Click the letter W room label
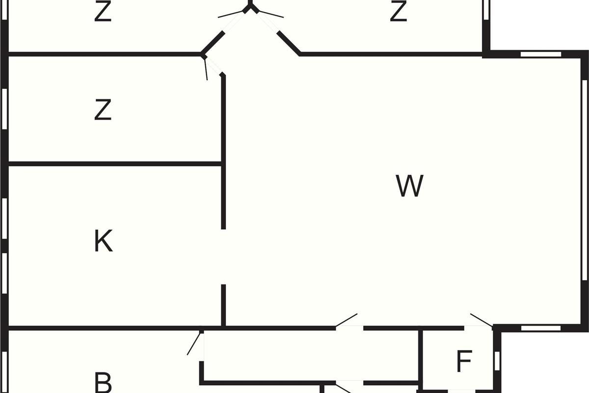(409, 186)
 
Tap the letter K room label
(103, 241)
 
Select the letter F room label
(464, 362)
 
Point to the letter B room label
(103, 382)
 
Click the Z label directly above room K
(103, 110)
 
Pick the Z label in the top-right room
(398, 12)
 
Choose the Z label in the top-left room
(103, 12)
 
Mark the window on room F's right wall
(497, 361)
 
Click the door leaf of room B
(195, 343)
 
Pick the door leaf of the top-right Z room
(268, 14)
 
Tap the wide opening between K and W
(223, 256)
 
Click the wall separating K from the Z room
(115, 164)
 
